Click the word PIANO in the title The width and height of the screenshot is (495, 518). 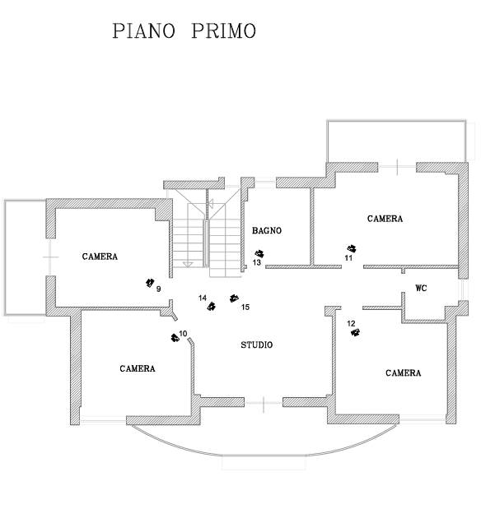pos(143,31)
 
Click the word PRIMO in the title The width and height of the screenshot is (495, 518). pos(223,31)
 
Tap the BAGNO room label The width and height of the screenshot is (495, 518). pos(267,231)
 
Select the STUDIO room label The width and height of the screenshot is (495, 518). pos(256,345)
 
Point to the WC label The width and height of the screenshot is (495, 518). pos(421,288)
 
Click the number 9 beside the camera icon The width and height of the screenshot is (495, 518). pos(158,289)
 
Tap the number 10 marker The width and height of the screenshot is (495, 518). pos(183,333)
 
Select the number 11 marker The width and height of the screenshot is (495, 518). pos(348,258)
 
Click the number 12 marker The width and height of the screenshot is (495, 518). pos(351,324)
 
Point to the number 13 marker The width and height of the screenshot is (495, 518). pos(257,263)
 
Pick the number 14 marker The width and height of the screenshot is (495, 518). pos(203,298)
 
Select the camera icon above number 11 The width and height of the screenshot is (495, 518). pos(353,248)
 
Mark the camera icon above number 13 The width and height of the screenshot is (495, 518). pos(259,253)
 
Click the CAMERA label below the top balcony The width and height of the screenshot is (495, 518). pos(385,219)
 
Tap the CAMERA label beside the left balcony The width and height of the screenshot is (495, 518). pos(100,257)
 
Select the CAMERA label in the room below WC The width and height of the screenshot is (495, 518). pos(404,373)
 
